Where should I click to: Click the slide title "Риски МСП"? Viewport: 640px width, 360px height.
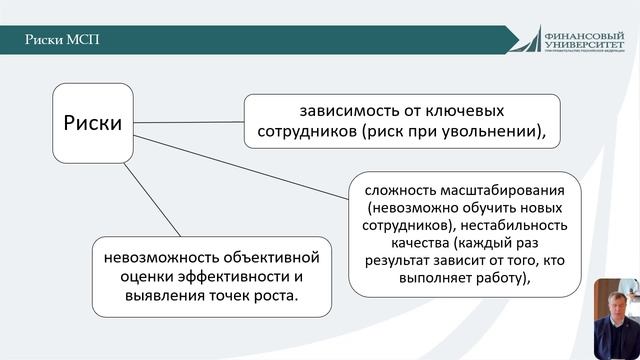click(x=63, y=39)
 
